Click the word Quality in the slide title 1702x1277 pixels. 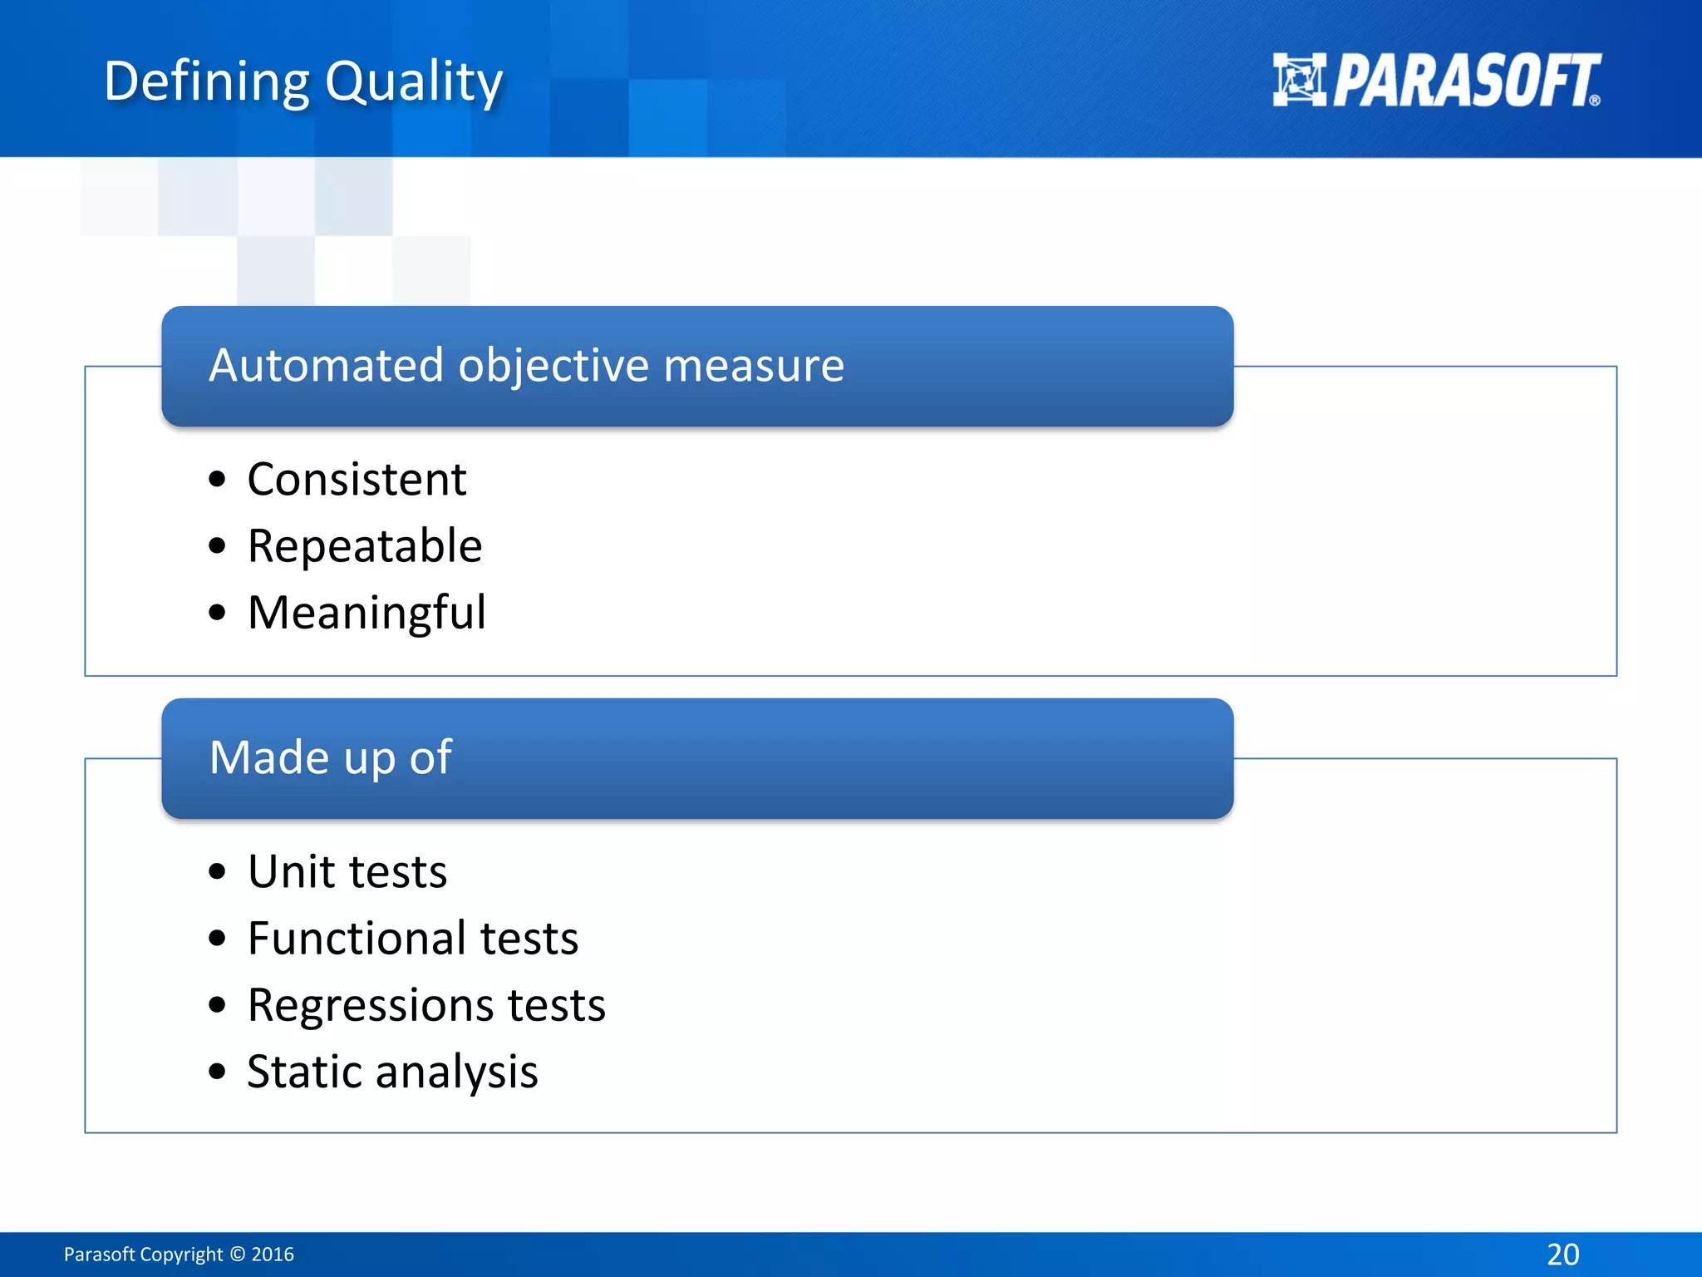tap(413, 81)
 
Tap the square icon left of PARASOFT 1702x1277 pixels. tap(1299, 80)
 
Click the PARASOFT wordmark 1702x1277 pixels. tap(1467, 81)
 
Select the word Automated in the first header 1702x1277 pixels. tap(326, 365)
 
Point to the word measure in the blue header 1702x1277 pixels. tap(754, 365)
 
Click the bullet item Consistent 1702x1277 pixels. tap(357, 480)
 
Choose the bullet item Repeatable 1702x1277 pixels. tap(364, 546)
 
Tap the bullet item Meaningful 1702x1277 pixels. tap(366, 614)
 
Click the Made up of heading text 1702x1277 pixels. tap(330, 757)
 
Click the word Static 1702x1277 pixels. tap(304, 1072)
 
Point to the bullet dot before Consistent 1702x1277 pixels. tap(218, 480)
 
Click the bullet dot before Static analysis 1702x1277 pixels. tap(218, 1072)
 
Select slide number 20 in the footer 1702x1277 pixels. tap(1562, 1255)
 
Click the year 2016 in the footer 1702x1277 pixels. tap(273, 1255)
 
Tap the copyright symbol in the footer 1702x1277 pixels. tap(238, 1255)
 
